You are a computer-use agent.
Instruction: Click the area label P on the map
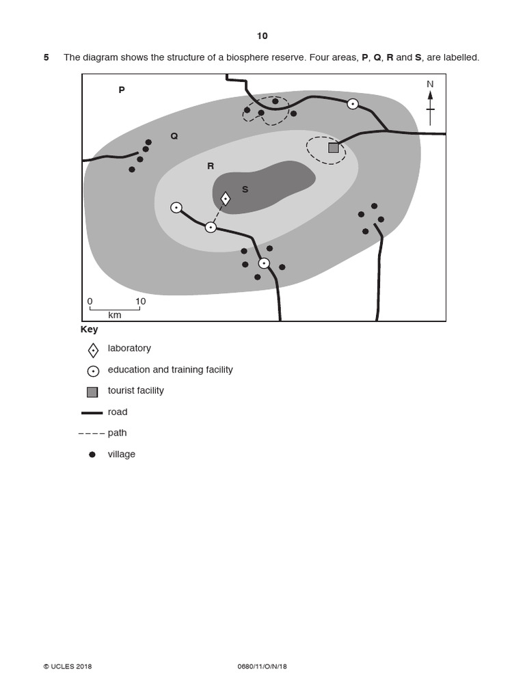point(122,90)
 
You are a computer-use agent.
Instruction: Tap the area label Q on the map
point(174,136)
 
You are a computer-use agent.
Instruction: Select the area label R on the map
point(211,166)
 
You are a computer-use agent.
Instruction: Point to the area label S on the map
point(245,189)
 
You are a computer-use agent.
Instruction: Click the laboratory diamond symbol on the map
point(226,199)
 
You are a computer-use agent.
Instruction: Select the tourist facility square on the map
point(334,148)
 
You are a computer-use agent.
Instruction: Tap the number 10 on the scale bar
point(140,301)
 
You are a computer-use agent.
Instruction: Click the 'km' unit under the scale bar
point(115,315)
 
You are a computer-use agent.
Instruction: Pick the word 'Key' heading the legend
point(90,329)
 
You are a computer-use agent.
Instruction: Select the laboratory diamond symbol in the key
point(93,350)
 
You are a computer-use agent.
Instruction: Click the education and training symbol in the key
point(93,371)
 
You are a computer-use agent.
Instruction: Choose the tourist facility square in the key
point(92,392)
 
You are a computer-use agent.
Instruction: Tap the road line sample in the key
point(92,413)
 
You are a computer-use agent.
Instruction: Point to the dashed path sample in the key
point(92,433)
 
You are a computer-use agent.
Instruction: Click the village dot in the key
point(92,455)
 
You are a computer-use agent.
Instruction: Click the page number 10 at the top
point(262,36)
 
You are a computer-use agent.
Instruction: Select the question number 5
point(46,57)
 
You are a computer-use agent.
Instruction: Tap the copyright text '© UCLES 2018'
point(68,667)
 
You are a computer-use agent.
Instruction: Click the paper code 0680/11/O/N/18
point(262,667)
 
